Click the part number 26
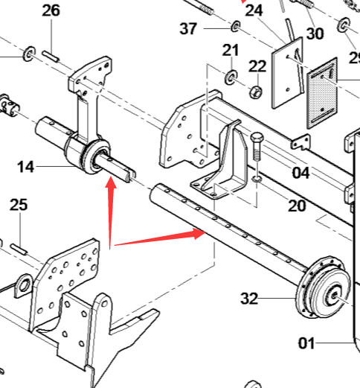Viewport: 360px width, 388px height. pos(51,11)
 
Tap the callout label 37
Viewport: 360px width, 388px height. pos(188,28)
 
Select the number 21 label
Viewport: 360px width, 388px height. pos(231,51)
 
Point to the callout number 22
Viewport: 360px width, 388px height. pos(257,66)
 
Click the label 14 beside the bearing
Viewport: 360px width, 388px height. pos(25,167)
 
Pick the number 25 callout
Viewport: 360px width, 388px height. pos(19,205)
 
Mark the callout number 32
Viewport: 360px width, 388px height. pos(249,299)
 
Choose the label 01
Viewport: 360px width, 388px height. pos(306,343)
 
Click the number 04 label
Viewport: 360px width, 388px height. pos(301,173)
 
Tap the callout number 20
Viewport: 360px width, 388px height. pos(297,206)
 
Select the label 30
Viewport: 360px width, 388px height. pos(315,34)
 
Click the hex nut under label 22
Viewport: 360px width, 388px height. pos(256,92)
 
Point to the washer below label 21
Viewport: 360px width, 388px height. pos(231,77)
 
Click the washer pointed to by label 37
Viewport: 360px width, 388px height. pos(236,26)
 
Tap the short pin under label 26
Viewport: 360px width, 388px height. pos(51,57)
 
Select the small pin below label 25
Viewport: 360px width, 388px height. pos(19,249)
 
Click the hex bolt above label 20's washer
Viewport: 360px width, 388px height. pos(257,147)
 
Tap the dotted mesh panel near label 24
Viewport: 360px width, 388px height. pos(322,93)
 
